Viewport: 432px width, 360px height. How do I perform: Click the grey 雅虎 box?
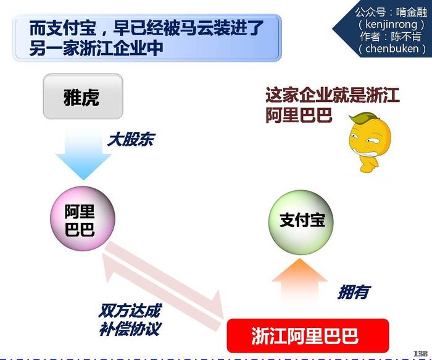[83, 96]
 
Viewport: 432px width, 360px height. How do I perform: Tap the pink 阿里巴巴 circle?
[82, 219]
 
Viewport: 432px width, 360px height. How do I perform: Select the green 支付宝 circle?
[301, 222]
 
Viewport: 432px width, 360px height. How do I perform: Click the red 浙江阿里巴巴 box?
[308, 335]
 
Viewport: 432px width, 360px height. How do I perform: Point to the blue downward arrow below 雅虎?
[83, 155]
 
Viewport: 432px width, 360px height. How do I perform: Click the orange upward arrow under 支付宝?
[299, 280]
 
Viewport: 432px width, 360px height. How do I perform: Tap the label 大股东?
[131, 140]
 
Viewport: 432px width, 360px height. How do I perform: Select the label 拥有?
[354, 291]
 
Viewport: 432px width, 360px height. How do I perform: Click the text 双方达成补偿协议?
[130, 320]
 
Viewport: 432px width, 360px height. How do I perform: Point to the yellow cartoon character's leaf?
[362, 119]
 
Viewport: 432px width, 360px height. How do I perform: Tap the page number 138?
[420, 353]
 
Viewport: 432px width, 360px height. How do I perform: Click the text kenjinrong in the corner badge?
[391, 24]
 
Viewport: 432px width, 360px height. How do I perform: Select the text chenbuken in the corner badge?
[392, 49]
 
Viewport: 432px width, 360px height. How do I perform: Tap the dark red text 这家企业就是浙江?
[333, 95]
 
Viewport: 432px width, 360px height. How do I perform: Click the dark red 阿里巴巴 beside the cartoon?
[299, 115]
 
